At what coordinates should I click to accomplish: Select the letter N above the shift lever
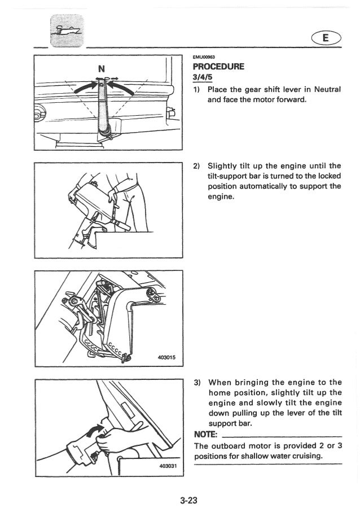101,69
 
